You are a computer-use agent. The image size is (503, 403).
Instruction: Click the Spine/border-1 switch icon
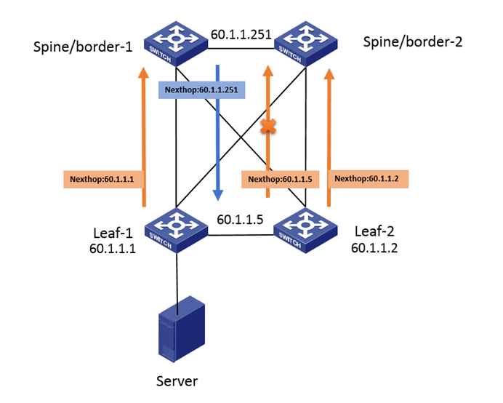tap(175, 43)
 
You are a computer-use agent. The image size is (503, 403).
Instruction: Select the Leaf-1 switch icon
tap(175, 229)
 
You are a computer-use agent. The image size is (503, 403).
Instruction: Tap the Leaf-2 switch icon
tap(305, 229)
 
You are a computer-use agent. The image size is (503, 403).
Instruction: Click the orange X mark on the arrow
tap(269, 127)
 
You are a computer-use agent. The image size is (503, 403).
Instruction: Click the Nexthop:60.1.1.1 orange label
tap(102, 178)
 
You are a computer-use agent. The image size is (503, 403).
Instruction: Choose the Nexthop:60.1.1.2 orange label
tap(369, 178)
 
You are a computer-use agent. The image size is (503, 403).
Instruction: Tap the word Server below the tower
tap(177, 381)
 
